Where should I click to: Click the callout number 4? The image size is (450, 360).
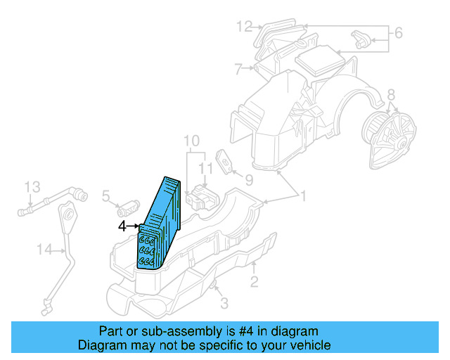[122, 226]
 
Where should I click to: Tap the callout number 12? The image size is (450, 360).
[244, 27]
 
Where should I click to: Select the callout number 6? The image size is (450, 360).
[397, 32]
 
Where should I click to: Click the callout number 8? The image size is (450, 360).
[392, 94]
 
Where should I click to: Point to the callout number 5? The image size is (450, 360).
[106, 195]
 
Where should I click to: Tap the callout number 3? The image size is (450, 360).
[224, 303]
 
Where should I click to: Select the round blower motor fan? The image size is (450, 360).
[387, 128]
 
